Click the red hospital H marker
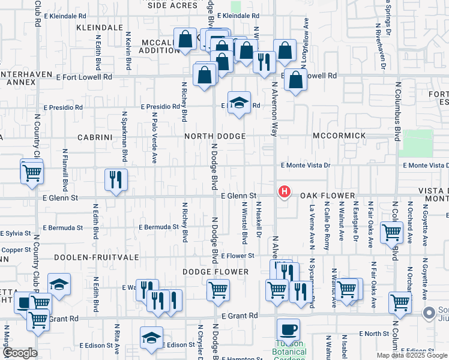[x=285, y=193]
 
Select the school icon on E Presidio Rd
[x=239, y=103]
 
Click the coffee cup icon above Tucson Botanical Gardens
[x=288, y=330]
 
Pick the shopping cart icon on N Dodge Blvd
[x=218, y=291]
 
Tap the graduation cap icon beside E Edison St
[x=151, y=338]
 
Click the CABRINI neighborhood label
[x=95, y=137]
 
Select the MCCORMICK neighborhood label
[x=339, y=136]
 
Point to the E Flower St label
[x=238, y=256]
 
